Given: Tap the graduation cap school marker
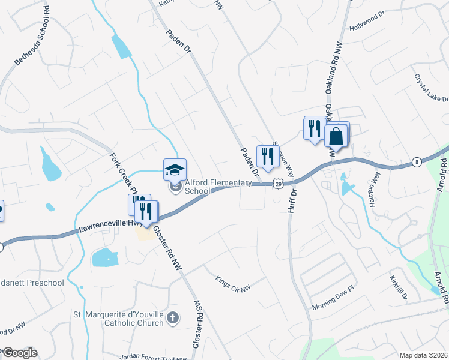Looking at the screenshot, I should tap(175, 169).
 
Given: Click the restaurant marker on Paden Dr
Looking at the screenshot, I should tap(268, 156).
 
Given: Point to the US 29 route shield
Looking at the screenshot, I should tap(277, 183).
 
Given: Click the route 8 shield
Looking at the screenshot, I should tap(417, 162).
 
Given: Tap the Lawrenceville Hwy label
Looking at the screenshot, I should tap(105, 227).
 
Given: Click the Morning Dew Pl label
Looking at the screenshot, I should tap(334, 306).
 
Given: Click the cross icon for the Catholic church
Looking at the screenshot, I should tap(173, 317).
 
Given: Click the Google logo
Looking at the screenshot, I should tap(19, 353).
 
